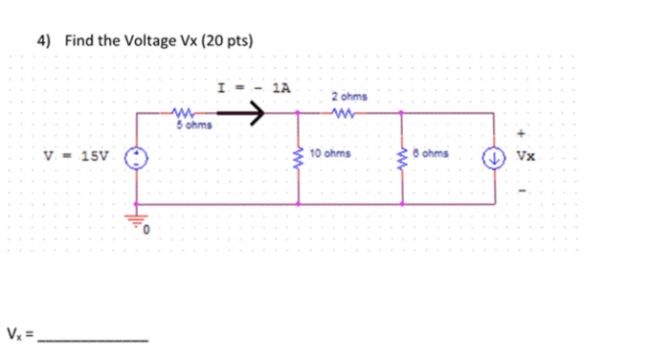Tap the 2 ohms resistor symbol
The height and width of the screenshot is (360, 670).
coord(346,111)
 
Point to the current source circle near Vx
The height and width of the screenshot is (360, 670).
coord(496,157)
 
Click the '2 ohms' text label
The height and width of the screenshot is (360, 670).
coord(347,96)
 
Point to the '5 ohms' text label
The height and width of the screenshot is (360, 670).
coord(195,124)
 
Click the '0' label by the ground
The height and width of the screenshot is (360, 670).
coord(148,231)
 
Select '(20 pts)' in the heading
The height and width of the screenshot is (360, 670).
coord(228,41)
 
